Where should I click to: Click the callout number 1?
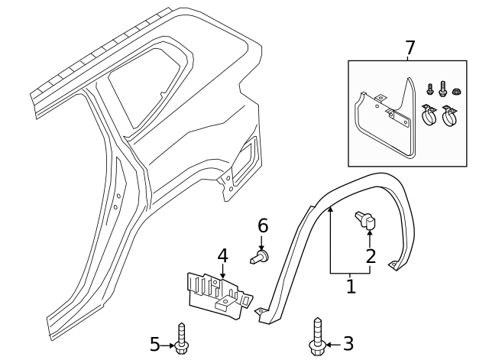tap(351, 287)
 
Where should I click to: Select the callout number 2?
tap(371, 256)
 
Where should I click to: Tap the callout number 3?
tap(348, 344)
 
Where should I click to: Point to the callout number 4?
tap(222, 255)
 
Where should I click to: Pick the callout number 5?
tap(155, 345)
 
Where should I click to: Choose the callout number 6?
tap(263, 225)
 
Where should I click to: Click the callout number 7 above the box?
tap(410, 47)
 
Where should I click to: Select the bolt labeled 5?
tap(182, 339)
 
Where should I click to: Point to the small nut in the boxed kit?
tap(456, 92)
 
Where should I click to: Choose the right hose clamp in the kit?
tap(451, 118)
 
